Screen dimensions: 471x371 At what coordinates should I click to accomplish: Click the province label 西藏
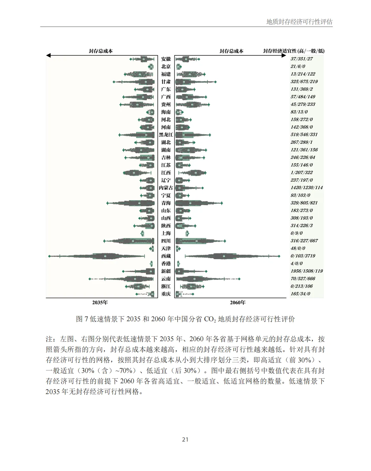(x=166, y=256)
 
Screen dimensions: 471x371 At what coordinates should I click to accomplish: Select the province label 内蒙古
(x=166, y=188)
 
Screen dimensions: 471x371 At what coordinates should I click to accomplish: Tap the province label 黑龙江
(x=166, y=135)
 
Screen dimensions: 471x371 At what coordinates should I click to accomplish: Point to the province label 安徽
(x=166, y=59)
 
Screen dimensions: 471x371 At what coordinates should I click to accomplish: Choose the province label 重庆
(x=166, y=294)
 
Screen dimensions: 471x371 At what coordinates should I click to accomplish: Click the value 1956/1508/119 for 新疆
(x=306, y=271)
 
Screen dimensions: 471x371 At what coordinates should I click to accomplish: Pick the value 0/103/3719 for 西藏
(x=303, y=256)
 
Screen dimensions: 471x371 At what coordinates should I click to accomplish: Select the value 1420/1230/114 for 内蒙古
(x=306, y=188)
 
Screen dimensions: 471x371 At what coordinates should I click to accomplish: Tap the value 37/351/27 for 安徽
(x=301, y=59)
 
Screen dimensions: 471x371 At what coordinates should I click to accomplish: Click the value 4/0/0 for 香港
(x=296, y=264)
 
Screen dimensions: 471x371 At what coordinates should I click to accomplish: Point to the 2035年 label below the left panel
(x=100, y=302)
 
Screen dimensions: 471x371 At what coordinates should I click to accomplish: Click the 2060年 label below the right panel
(x=237, y=302)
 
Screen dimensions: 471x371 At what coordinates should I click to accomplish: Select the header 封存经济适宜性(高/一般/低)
(x=294, y=51)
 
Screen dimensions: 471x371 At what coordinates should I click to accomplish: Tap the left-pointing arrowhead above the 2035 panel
(x=48, y=55)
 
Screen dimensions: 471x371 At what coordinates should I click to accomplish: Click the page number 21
(x=185, y=440)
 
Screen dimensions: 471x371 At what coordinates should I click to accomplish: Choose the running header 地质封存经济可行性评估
(x=299, y=22)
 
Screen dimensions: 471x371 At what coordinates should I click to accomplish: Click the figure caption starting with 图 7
(x=185, y=319)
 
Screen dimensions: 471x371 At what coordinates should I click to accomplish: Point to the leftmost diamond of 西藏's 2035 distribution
(x=49, y=256)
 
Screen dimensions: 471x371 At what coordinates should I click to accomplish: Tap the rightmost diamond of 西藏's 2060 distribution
(x=279, y=256)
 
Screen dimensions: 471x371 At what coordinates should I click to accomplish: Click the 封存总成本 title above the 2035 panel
(x=101, y=51)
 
